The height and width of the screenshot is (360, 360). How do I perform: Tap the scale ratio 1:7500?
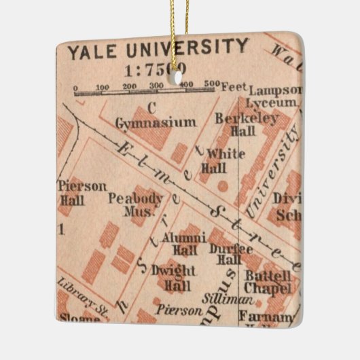[x=155, y=69]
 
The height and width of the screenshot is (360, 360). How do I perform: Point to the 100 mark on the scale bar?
[x=102, y=87]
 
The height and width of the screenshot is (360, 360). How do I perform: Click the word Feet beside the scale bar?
[x=233, y=87]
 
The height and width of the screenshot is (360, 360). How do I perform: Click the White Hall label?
[x=224, y=160]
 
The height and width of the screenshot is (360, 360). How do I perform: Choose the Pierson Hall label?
[x=73, y=192]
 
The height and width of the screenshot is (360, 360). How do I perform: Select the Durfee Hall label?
[x=225, y=253]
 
